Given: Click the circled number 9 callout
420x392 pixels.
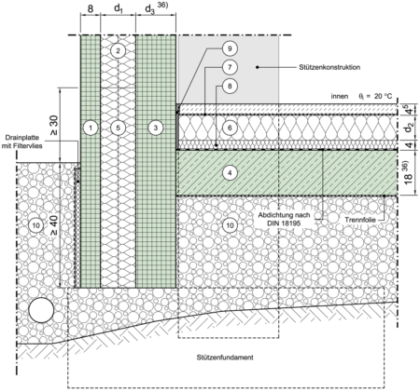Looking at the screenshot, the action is coord(230,48).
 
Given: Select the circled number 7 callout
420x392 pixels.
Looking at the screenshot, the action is coord(230,67).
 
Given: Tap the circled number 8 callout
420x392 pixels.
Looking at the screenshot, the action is coord(230,86).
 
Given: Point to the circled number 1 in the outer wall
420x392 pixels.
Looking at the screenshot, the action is coord(91,128).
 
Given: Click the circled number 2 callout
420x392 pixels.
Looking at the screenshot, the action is coord(118,50).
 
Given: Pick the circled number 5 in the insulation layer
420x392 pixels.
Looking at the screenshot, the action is coord(118,128).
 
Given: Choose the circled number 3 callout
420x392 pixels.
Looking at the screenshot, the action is coord(156,128).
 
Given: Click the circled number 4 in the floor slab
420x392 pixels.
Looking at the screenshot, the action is coord(230,173).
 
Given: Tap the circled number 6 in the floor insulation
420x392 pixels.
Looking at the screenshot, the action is coord(230,128).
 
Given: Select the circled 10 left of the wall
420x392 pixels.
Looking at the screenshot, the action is coord(36,225).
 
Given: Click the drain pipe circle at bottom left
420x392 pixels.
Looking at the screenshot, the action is coord(41,310).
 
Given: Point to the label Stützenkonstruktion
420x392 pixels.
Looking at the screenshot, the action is coord(329,67).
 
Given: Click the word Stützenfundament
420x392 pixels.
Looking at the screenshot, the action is coord(225,358).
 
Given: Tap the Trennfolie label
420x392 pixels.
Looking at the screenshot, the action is coord(360,220).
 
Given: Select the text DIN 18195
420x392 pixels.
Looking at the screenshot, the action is coord(284,223).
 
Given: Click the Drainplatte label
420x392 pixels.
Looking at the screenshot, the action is coord(23,138).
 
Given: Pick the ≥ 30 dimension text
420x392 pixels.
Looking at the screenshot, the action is coord(53,126).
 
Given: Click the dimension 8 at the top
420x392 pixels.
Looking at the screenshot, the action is coord(91,9).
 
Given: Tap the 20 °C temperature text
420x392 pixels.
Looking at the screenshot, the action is coord(384,96).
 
